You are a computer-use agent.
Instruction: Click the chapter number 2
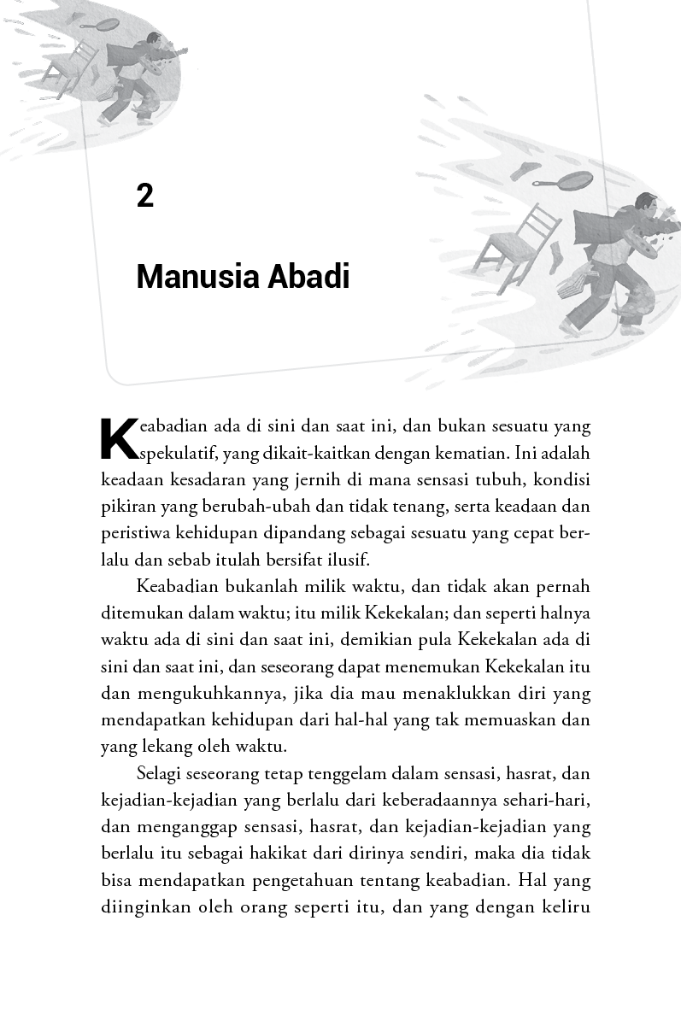144,196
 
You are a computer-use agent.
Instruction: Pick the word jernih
322,478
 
